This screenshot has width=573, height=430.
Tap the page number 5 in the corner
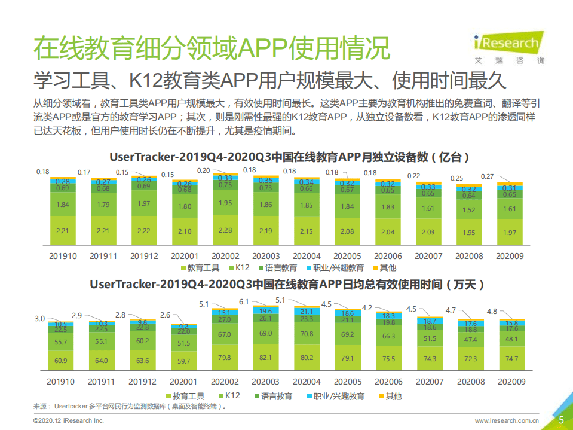(x=561, y=420)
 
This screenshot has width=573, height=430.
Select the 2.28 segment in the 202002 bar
(x=225, y=231)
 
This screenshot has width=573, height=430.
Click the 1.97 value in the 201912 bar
(x=143, y=204)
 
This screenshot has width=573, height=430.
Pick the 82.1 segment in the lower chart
(x=266, y=358)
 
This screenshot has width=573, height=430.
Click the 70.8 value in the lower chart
(x=307, y=334)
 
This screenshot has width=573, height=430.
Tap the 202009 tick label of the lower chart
(x=510, y=382)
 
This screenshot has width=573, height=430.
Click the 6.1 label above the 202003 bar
(x=244, y=302)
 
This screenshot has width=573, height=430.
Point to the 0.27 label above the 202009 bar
(x=488, y=176)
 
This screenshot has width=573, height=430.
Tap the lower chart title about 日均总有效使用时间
(x=287, y=284)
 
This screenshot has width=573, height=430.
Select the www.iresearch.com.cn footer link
(x=507, y=421)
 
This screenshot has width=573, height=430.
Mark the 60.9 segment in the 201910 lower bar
(x=61, y=361)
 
